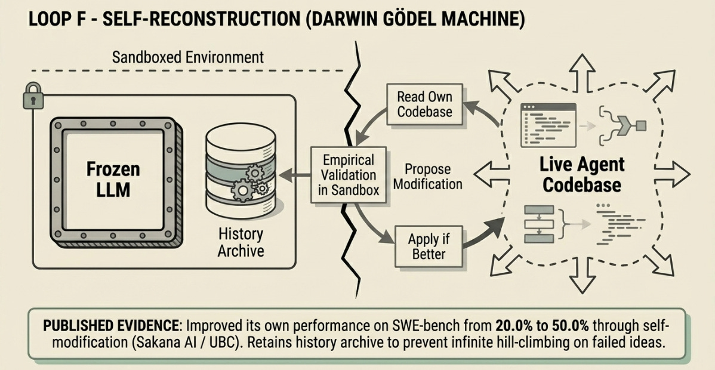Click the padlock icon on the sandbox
[x=33, y=96]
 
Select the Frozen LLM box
[x=113, y=180]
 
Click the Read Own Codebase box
[x=425, y=104]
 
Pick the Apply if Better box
[x=428, y=246]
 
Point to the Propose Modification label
[x=427, y=177]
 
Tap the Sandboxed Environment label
[x=188, y=57]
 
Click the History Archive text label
[x=241, y=242]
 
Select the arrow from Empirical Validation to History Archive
[x=294, y=175]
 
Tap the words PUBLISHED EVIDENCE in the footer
[x=110, y=327]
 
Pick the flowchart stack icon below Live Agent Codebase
[x=539, y=224]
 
